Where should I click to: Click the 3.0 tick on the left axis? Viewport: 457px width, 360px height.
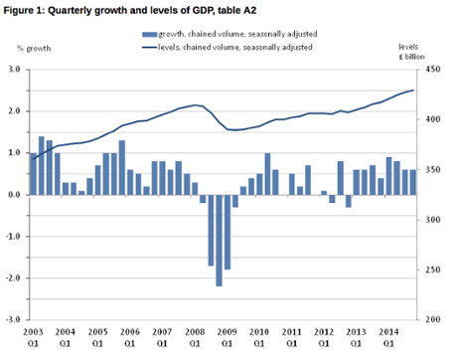(x=16, y=70)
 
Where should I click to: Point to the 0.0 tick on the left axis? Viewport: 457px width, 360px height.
(x=16, y=195)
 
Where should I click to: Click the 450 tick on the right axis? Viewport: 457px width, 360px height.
(x=432, y=70)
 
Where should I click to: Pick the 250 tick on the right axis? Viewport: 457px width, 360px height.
(x=432, y=270)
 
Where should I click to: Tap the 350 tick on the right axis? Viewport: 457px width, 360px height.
(x=432, y=170)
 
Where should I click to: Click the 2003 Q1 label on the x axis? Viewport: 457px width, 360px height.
(x=34, y=335)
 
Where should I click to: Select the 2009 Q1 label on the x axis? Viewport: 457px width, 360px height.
(x=228, y=335)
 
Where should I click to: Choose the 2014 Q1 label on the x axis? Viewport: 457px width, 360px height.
(x=389, y=335)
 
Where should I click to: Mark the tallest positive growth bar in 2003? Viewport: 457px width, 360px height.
(x=42, y=165)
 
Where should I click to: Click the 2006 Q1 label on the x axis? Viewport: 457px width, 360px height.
(x=130, y=335)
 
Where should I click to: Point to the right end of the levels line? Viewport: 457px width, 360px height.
(x=414, y=90)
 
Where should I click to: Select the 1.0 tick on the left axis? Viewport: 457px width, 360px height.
(x=16, y=153)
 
